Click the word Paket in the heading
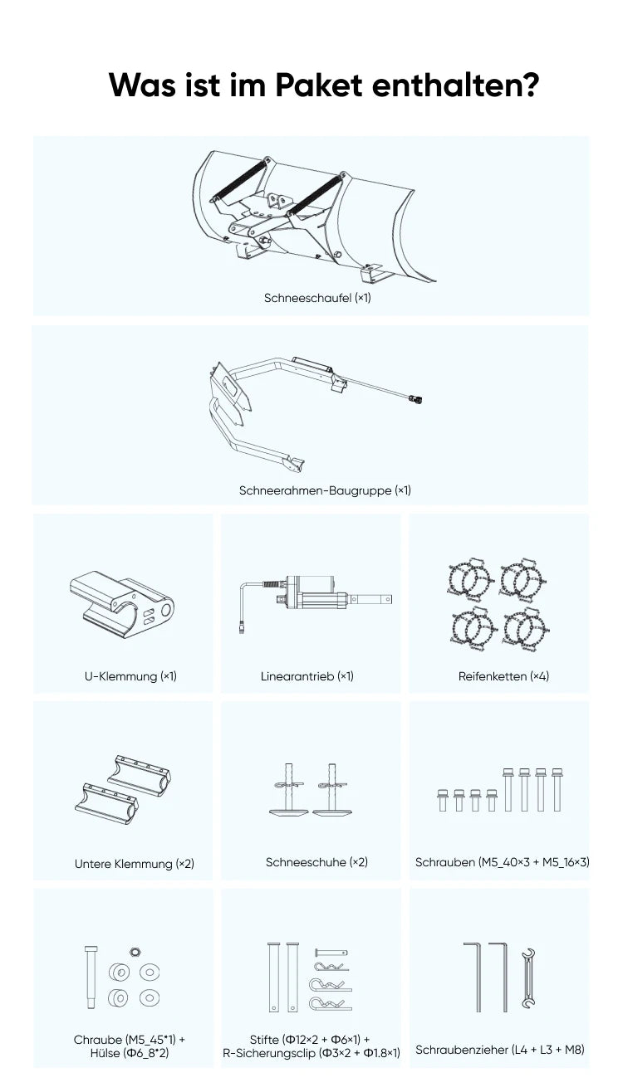[319, 85]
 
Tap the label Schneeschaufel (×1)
[317, 298]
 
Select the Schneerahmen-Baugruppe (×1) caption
[325, 490]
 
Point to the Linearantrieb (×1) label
[307, 676]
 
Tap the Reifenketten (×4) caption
[503, 676]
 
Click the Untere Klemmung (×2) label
[135, 864]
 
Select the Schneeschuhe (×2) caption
[316, 862]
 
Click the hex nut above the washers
[135, 951]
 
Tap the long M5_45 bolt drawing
[91, 977]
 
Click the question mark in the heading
[526, 85]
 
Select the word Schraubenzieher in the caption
[462, 1050]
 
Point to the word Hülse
[105, 1053]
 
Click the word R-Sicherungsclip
[269, 1053]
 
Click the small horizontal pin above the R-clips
[331, 952]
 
